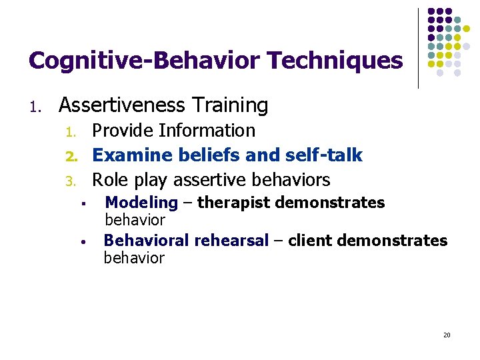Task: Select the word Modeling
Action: click(141, 203)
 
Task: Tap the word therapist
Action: click(233, 203)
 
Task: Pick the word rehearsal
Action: click(231, 241)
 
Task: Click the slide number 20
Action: click(447, 335)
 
